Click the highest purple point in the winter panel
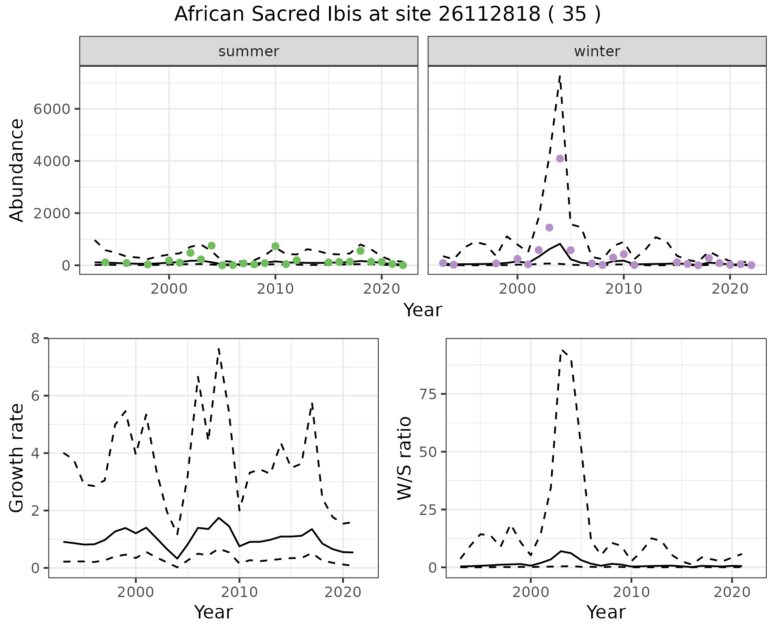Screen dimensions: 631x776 (560, 159)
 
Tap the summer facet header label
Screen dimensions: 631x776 (249, 51)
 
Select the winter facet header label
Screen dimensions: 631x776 (597, 51)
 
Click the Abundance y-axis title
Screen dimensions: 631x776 (17, 170)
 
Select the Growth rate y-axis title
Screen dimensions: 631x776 (17, 458)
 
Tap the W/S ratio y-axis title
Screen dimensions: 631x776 (404, 458)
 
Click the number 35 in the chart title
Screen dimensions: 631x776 (574, 15)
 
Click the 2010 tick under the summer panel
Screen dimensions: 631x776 (275, 289)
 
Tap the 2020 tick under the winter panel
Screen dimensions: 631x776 (730, 289)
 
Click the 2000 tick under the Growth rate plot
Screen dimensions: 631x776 (136, 593)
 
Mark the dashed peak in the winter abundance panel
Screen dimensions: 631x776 (560, 75)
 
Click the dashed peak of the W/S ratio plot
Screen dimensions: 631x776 (562, 350)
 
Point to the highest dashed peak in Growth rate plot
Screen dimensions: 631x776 (219, 348)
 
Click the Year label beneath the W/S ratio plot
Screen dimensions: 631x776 (606, 612)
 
